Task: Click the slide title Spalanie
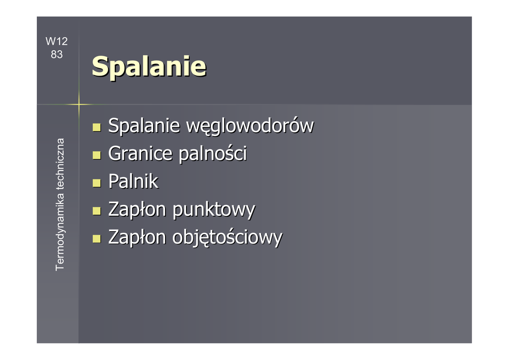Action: click(x=149, y=67)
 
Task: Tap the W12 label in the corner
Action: click(x=57, y=41)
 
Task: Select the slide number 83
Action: click(x=57, y=54)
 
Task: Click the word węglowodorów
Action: click(x=250, y=126)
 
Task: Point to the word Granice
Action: click(x=140, y=153)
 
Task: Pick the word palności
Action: click(x=213, y=153)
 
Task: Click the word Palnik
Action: click(x=133, y=181)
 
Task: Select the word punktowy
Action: click(x=214, y=210)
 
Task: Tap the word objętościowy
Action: click(x=228, y=238)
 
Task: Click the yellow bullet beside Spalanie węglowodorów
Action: click(x=96, y=127)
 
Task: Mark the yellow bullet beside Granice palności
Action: click(x=96, y=155)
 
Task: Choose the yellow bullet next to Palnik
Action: click(x=96, y=183)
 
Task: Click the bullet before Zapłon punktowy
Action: click(x=96, y=211)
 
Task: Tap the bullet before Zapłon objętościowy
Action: click(x=96, y=239)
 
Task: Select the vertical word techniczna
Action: click(x=60, y=164)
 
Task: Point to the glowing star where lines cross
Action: click(x=79, y=104)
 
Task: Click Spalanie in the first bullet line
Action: click(x=144, y=126)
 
